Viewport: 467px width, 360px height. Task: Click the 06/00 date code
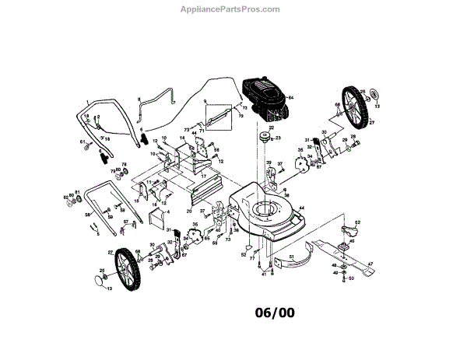pyautogui.click(x=275, y=314)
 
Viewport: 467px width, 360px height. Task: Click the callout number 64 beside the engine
pyautogui.click(x=293, y=96)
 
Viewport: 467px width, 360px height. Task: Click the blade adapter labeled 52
pyautogui.click(x=348, y=231)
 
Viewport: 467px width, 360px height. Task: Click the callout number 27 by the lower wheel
pyautogui.click(x=110, y=253)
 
